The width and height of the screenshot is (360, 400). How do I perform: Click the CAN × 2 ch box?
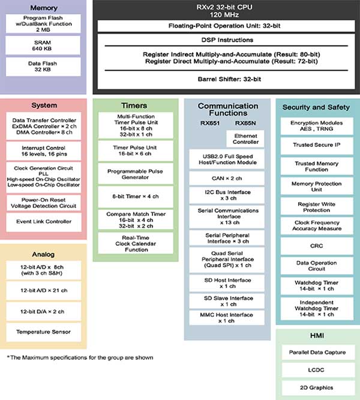click(227, 178)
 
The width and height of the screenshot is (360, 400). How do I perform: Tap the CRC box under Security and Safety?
click(316, 246)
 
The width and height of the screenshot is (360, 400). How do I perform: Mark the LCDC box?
click(316, 370)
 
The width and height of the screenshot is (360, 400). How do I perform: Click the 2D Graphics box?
click(316, 388)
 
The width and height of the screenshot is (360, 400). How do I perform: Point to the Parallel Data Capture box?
click(316, 352)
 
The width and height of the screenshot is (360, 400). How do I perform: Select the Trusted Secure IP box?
click(316, 145)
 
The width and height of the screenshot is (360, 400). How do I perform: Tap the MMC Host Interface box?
click(227, 317)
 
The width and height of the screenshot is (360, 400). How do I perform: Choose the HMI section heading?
click(316, 336)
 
